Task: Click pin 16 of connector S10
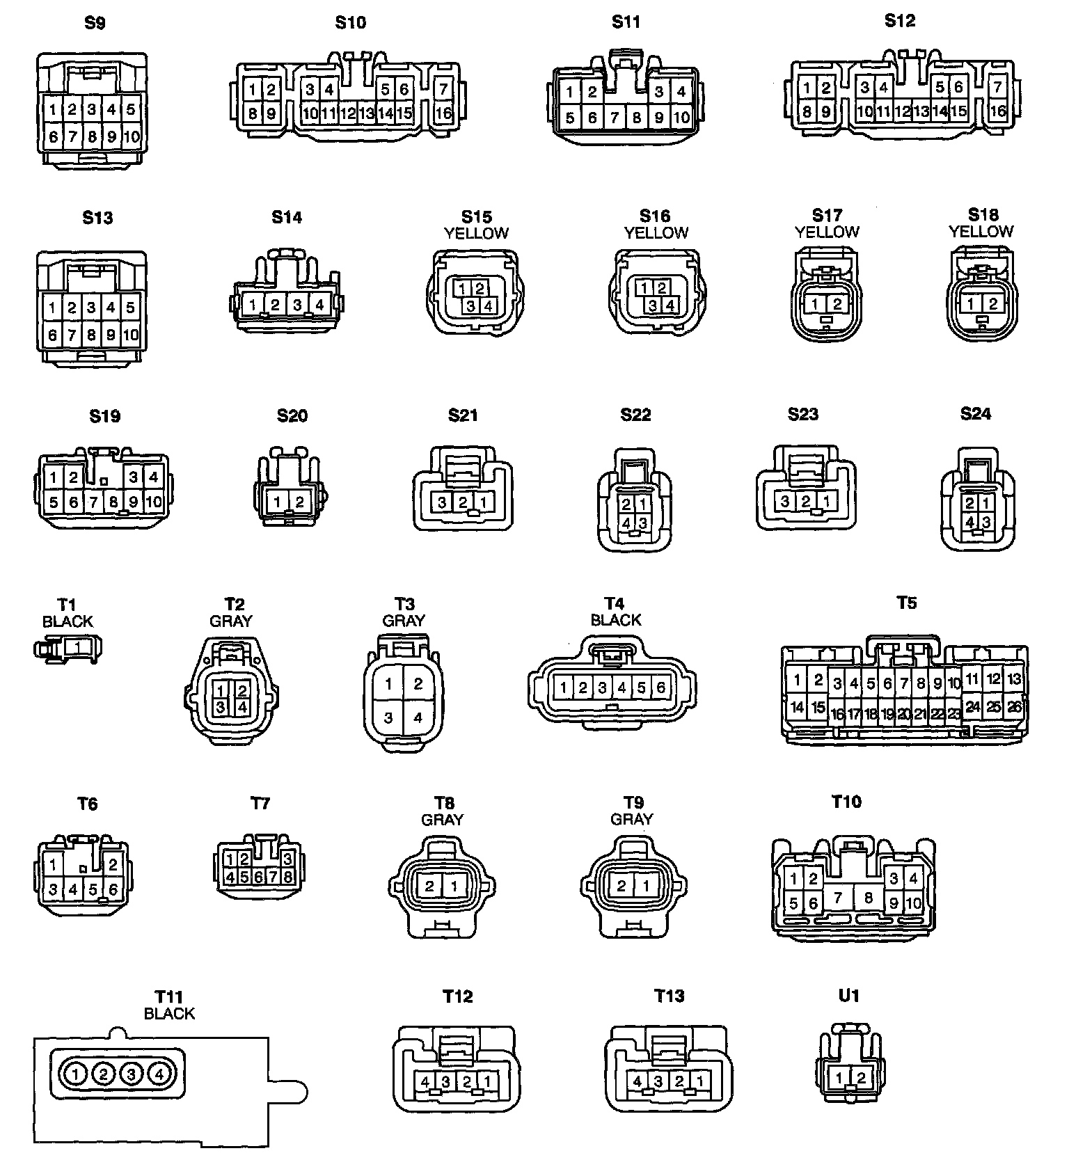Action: coord(443,113)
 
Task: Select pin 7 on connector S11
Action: coord(615,118)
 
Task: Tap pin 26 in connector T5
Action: coord(1014,707)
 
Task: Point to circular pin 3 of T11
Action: coord(131,1074)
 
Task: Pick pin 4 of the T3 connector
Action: coord(418,717)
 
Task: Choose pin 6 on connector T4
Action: coord(660,688)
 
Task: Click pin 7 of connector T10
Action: coord(838,898)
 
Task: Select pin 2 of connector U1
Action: coord(862,1078)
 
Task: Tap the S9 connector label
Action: coord(95,23)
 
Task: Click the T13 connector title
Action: coord(669,996)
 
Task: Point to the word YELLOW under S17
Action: coord(827,232)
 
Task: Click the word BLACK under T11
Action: coord(169,1014)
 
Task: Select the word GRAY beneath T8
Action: coord(442,820)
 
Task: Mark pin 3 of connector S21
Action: coord(443,502)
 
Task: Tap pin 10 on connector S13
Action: coord(131,335)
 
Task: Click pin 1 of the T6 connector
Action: coord(54,865)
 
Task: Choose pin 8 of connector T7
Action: coord(287,877)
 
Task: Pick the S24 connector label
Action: coord(975,414)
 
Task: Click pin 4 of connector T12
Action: coord(425,1081)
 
